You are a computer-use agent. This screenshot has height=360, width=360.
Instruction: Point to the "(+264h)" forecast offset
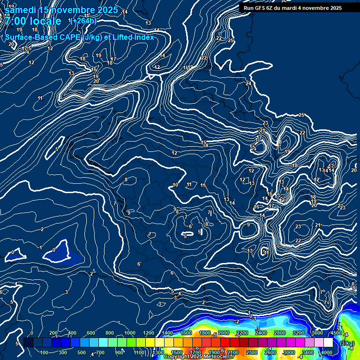click(83, 21)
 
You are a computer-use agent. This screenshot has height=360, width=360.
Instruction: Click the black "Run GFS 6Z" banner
click(292, 8)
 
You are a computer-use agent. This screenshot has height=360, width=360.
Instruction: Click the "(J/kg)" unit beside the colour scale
click(347, 343)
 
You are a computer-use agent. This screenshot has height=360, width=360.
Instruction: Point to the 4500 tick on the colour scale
click(336, 333)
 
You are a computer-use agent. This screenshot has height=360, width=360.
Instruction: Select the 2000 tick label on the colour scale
click(224, 333)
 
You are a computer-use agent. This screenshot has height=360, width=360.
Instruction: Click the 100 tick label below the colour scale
click(44, 352)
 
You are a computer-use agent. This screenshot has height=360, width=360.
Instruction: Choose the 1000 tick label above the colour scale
click(130, 333)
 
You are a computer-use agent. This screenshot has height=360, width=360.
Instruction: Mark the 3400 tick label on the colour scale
click(308, 352)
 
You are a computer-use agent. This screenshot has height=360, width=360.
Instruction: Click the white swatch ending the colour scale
click(329, 343)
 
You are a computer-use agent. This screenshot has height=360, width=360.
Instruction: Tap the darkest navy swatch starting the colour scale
click(28, 343)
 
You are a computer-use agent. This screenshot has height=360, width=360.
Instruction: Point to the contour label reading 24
click(248, 83)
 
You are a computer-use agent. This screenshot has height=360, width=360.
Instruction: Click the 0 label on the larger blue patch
click(54, 250)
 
